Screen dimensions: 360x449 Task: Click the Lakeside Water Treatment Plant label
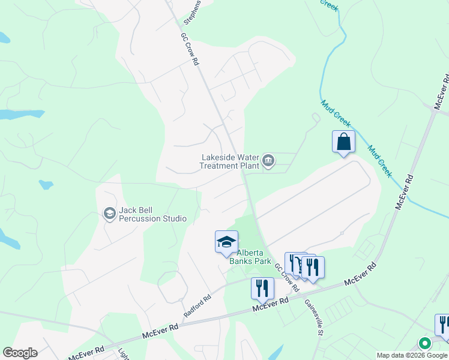tap(229, 161)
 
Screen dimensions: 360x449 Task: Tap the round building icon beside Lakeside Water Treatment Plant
tap(268, 160)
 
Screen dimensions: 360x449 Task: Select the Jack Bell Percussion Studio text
tap(152, 214)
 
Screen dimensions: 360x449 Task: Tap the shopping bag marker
tap(343, 142)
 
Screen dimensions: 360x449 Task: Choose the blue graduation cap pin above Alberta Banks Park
tap(226, 242)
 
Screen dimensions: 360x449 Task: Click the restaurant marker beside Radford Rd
tap(262, 288)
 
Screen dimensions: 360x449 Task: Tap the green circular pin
tap(424, 344)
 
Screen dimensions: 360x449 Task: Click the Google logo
tap(20, 353)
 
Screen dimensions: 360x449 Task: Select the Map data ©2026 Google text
tap(412, 355)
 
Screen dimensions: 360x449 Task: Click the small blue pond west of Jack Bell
tap(46, 184)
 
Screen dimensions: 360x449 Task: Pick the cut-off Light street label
tap(123, 355)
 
